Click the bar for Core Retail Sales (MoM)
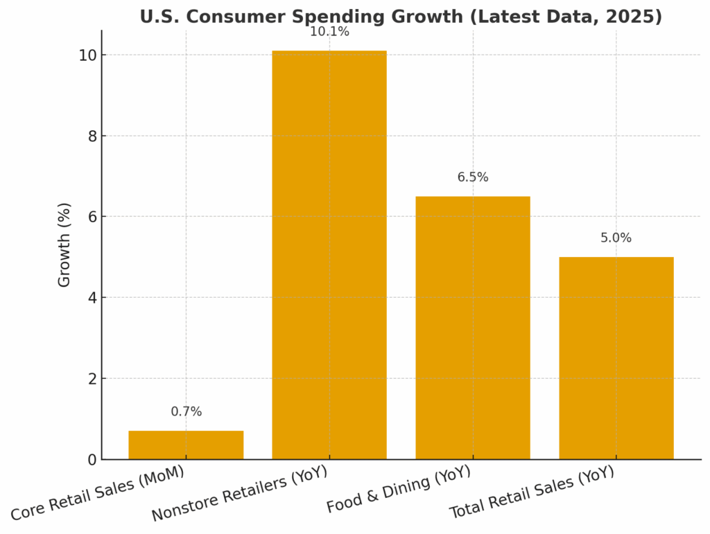tap(186, 445)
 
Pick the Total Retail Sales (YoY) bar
tap(616, 358)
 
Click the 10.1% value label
tap(329, 32)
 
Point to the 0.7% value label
tap(186, 411)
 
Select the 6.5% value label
tap(473, 177)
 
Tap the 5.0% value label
tap(616, 238)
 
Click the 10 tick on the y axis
tap(87, 55)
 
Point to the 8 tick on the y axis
tap(92, 136)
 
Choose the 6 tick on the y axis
tap(92, 217)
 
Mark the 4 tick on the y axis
tap(92, 298)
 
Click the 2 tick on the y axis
tap(92, 379)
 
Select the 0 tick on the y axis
tap(92, 460)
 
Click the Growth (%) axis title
tap(64, 244)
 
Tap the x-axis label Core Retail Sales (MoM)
tap(98, 494)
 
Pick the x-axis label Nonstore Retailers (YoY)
tap(239, 495)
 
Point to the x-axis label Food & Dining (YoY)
tap(399, 490)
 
